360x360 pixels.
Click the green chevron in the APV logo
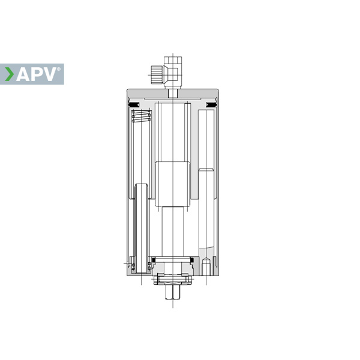click(10, 74)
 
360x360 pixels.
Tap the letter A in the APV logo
click(23, 74)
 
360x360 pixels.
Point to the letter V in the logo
click(49, 74)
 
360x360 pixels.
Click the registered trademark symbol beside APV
click(59, 69)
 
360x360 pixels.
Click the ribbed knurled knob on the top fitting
click(157, 74)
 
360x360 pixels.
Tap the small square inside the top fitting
click(173, 74)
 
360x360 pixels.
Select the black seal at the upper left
click(134, 104)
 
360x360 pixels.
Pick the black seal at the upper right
click(211, 104)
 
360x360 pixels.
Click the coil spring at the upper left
click(141, 116)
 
